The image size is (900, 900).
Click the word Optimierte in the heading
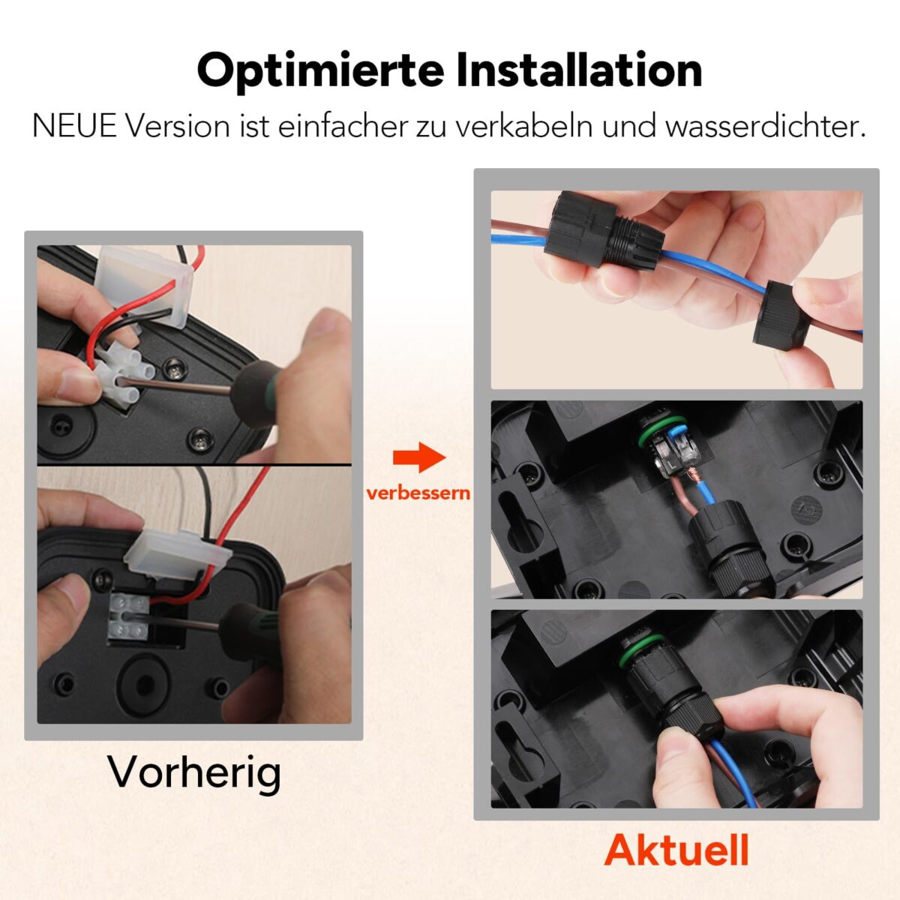[320, 71]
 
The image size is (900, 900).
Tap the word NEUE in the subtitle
[74, 126]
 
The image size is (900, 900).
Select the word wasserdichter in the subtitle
[766, 126]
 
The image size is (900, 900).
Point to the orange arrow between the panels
[419, 457]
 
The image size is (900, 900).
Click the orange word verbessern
[418, 493]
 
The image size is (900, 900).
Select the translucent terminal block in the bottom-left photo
[129, 616]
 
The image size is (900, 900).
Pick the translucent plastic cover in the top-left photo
[145, 286]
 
